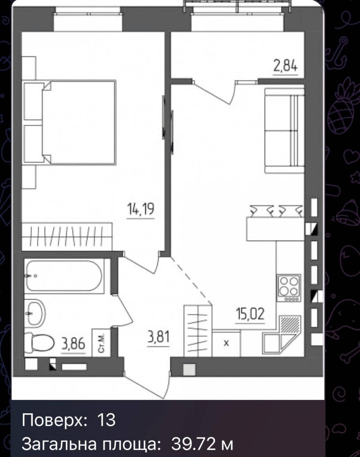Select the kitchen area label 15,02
click(250, 314)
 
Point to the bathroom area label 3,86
click(73, 344)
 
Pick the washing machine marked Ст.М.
click(101, 342)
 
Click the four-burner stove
click(289, 288)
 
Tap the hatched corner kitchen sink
click(289, 325)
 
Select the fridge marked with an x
click(226, 343)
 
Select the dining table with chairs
click(275, 223)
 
